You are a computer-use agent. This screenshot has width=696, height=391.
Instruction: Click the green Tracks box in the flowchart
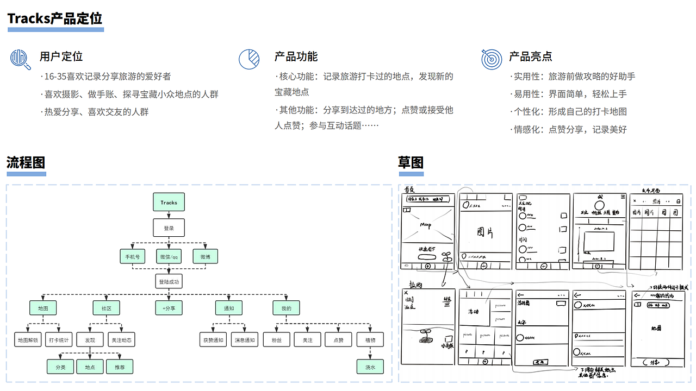coord(169,203)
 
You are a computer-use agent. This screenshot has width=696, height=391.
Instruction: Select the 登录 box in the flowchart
coord(169,228)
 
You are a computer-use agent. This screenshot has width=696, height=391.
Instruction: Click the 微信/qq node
coord(169,256)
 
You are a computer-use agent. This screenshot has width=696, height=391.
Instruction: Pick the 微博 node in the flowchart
coord(205,256)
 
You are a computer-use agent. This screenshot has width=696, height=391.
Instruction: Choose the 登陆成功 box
coord(169,282)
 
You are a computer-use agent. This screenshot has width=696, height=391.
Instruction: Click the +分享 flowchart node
coord(169,308)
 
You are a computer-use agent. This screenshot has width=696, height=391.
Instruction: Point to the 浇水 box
coord(370,367)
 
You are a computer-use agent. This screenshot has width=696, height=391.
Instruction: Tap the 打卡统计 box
coord(59,340)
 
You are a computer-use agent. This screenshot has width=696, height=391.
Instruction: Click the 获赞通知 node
coord(214,340)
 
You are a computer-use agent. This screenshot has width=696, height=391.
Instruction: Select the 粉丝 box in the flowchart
coord(276,340)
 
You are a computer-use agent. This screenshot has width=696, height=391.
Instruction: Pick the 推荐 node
coord(119,367)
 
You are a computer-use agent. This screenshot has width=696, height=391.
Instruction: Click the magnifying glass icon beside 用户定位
coord(21,59)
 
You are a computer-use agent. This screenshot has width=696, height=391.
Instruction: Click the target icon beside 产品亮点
coord(492,59)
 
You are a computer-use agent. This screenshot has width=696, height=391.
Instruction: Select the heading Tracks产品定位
coord(55,18)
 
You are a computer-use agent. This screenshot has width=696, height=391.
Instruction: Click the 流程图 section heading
coord(26,162)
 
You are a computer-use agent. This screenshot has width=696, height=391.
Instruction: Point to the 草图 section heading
coord(411,162)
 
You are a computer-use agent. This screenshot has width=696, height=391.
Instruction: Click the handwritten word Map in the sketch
coord(426,225)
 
